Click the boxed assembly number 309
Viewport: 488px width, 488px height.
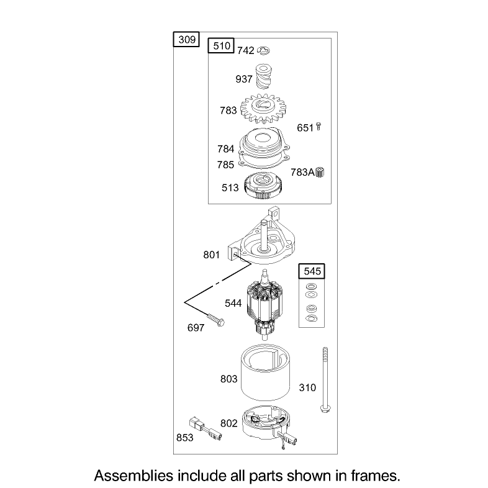[x=187, y=40]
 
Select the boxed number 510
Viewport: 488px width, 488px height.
[x=221, y=46]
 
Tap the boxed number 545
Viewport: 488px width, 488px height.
[x=312, y=271]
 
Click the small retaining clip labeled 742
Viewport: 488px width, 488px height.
[x=264, y=50]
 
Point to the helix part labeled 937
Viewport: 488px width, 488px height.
[x=263, y=76]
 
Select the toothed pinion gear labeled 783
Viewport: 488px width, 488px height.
[x=263, y=109]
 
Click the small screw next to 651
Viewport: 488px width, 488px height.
[x=318, y=127]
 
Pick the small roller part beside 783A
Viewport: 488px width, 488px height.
[x=320, y=172]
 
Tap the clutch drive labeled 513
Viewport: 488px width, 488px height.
[x=263, y=186]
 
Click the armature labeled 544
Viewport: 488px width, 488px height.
[x=264, y=305]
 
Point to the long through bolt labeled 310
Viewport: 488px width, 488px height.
[x=325, y=381]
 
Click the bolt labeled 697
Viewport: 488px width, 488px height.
[x=215, y=320]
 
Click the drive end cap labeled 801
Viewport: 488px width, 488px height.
[x=262, y=240]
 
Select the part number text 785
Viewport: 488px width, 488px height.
[x=225, y=165]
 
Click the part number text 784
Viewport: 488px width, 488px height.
[x=225, y=149]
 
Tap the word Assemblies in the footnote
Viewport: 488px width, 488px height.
[x=133, y=476]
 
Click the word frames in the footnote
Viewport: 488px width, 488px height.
[x=376, y=476]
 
